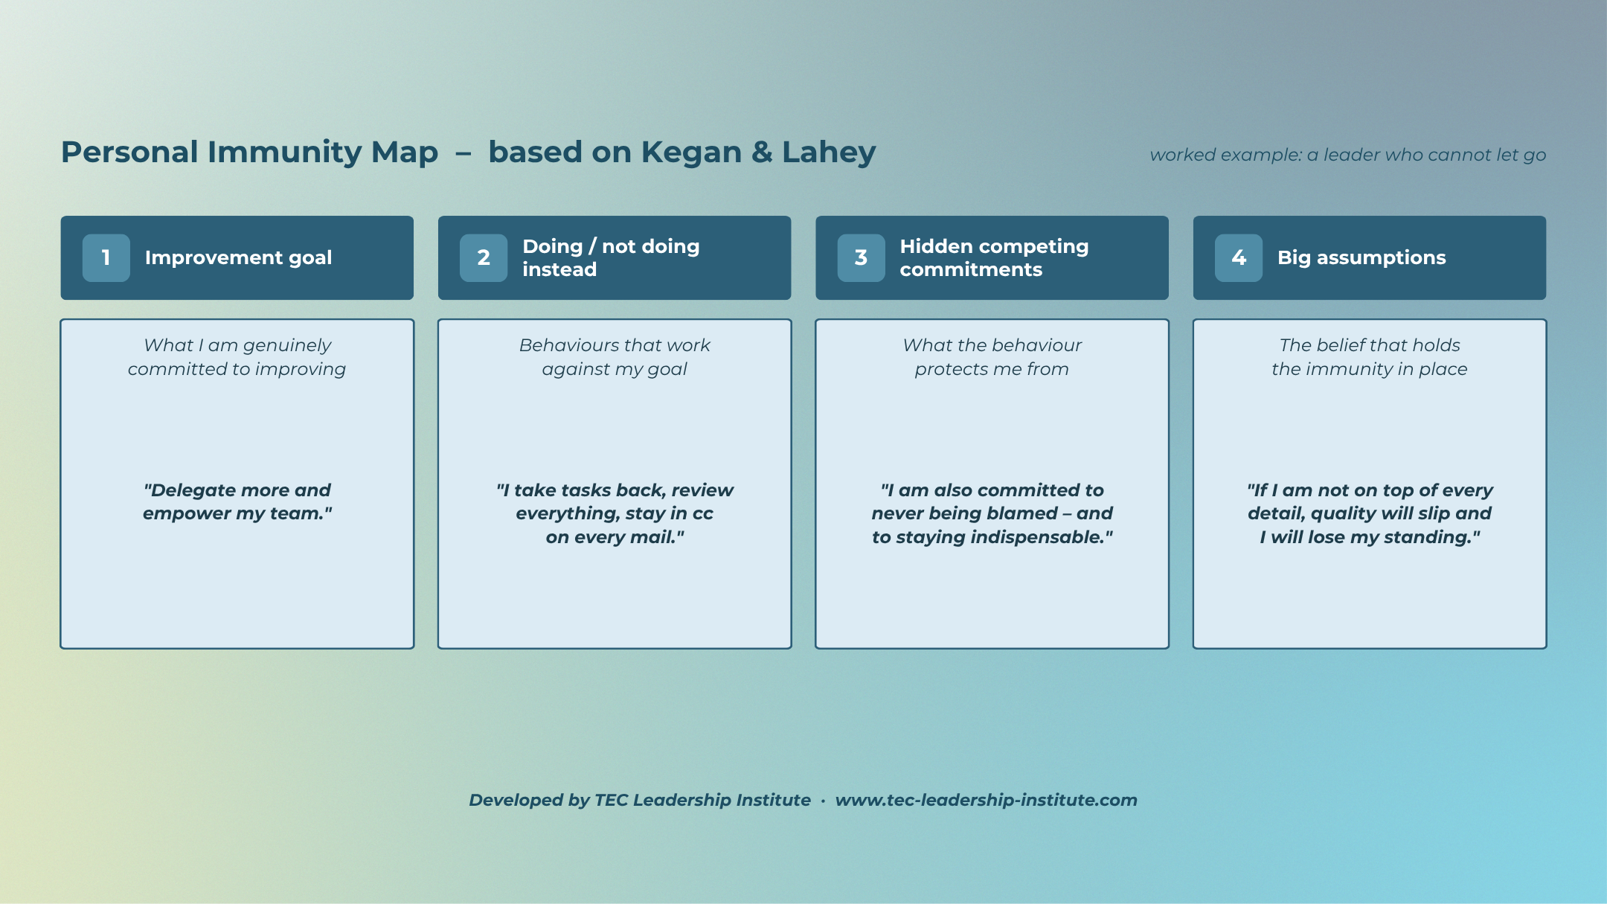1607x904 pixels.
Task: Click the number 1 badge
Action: (106, 257)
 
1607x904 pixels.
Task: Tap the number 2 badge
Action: (484, 257)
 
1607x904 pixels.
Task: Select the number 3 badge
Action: (862, 257)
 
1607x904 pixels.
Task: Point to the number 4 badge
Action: (1239, 257)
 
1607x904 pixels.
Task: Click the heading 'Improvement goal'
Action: (238, 257)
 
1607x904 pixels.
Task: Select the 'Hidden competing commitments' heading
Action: (994, 257)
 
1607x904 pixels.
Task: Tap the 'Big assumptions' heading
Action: (1361, 257)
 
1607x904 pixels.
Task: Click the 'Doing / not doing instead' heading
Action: (611, 257)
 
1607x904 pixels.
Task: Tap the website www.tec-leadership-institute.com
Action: (987, 800)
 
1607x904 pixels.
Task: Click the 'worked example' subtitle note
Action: (1348, 155)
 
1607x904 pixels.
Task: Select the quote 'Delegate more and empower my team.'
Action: (237, 501)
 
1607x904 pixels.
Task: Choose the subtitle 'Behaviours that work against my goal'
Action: (615, 357)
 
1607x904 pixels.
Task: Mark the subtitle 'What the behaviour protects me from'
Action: (992, 357)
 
